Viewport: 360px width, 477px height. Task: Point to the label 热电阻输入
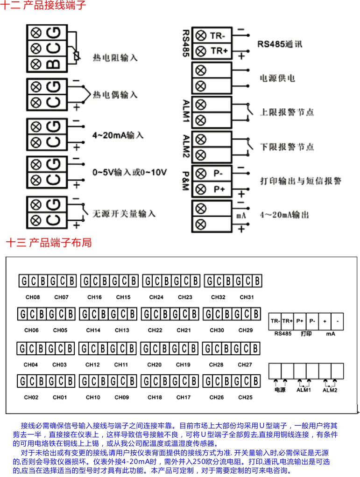[115, 58]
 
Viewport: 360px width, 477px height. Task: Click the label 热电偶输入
[115, 95]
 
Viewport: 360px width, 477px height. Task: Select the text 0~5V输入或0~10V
[129, 172]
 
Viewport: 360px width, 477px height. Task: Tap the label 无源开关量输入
[124, 214]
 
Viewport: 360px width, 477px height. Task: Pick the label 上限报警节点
[287, 112]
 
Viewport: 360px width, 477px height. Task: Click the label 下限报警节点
[287, 147]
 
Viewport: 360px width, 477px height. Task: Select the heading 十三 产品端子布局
[49, 243]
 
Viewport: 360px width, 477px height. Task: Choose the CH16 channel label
[94, 297]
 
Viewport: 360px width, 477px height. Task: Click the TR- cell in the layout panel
[275, 321]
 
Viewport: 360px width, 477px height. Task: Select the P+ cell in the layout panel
[300, 321]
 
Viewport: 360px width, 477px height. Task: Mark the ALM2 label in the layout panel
[330, 390]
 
